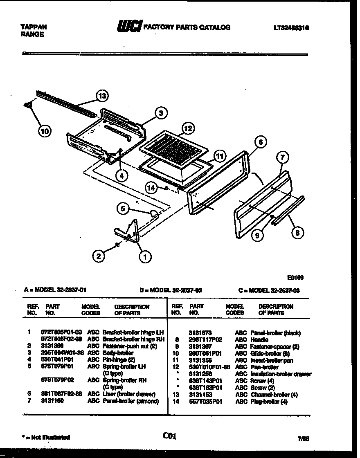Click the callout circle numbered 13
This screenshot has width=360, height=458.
[x=102, y=96]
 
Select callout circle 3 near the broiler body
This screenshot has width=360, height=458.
[x=161, y=113]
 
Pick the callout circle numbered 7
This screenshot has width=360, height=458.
[x=282, y=157]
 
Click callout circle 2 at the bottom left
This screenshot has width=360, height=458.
[x=98, y=257]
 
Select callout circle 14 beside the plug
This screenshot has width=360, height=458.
[x=152, y=187]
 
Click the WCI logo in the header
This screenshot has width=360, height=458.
[x=129, y=27]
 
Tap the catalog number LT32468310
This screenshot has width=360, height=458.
[x=291, y=28]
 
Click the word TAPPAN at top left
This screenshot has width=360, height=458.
[x=33, y=27]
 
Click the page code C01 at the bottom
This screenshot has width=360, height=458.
[x=169, y=436]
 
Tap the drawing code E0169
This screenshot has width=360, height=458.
[x=295, y=277]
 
